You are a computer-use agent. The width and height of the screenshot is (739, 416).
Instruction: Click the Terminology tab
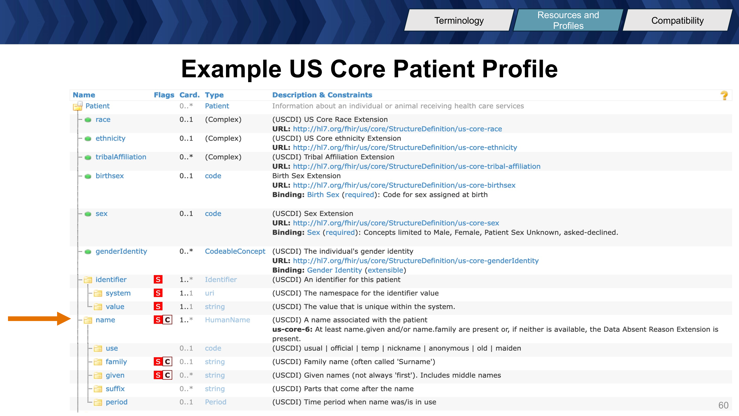459,20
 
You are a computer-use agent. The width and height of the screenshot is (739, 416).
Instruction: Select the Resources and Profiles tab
568,20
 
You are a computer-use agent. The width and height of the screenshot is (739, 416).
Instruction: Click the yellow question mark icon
724,95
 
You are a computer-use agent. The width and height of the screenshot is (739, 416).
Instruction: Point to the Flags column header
164,95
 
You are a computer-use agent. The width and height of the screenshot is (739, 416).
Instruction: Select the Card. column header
189,95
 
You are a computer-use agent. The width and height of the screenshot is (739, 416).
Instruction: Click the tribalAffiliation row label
121,157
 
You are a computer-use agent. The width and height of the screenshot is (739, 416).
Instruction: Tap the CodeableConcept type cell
235,251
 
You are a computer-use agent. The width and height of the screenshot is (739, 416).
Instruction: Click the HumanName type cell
227,320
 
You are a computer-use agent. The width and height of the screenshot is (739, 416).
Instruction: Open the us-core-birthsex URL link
404,185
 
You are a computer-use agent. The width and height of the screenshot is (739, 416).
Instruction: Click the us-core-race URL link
397,129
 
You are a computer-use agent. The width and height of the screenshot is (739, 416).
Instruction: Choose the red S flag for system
158,293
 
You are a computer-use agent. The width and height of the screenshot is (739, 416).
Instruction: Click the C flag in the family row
168,362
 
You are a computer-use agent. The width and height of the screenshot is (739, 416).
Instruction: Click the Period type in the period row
215,402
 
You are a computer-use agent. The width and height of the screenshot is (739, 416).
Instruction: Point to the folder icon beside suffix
98,389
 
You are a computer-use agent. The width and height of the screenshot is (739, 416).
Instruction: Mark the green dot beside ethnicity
88,139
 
